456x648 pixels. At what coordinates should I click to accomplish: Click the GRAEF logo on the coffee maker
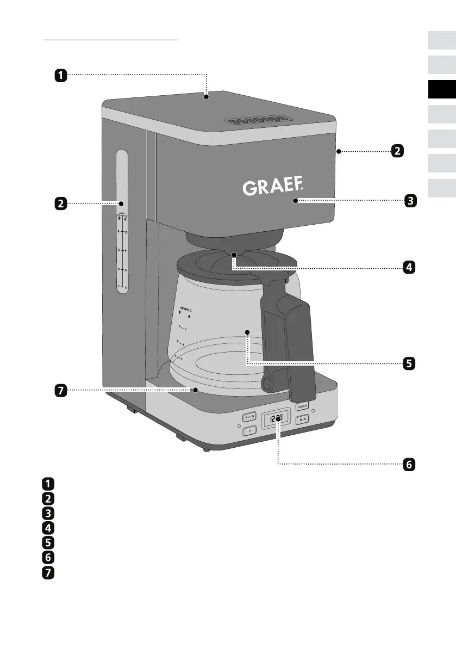[271, 188]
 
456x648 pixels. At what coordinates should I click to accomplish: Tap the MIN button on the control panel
[302, 419]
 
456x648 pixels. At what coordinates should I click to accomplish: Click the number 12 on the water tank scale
[126, 233]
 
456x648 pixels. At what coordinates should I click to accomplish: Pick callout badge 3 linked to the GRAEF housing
[410, 201]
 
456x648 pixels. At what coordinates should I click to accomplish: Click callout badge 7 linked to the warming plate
[60, 390]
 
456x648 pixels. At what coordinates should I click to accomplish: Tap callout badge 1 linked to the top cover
[60, 75]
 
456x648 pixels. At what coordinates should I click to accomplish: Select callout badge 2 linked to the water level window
[60, 204]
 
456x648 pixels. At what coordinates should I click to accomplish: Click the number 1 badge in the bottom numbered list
[48, 483]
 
